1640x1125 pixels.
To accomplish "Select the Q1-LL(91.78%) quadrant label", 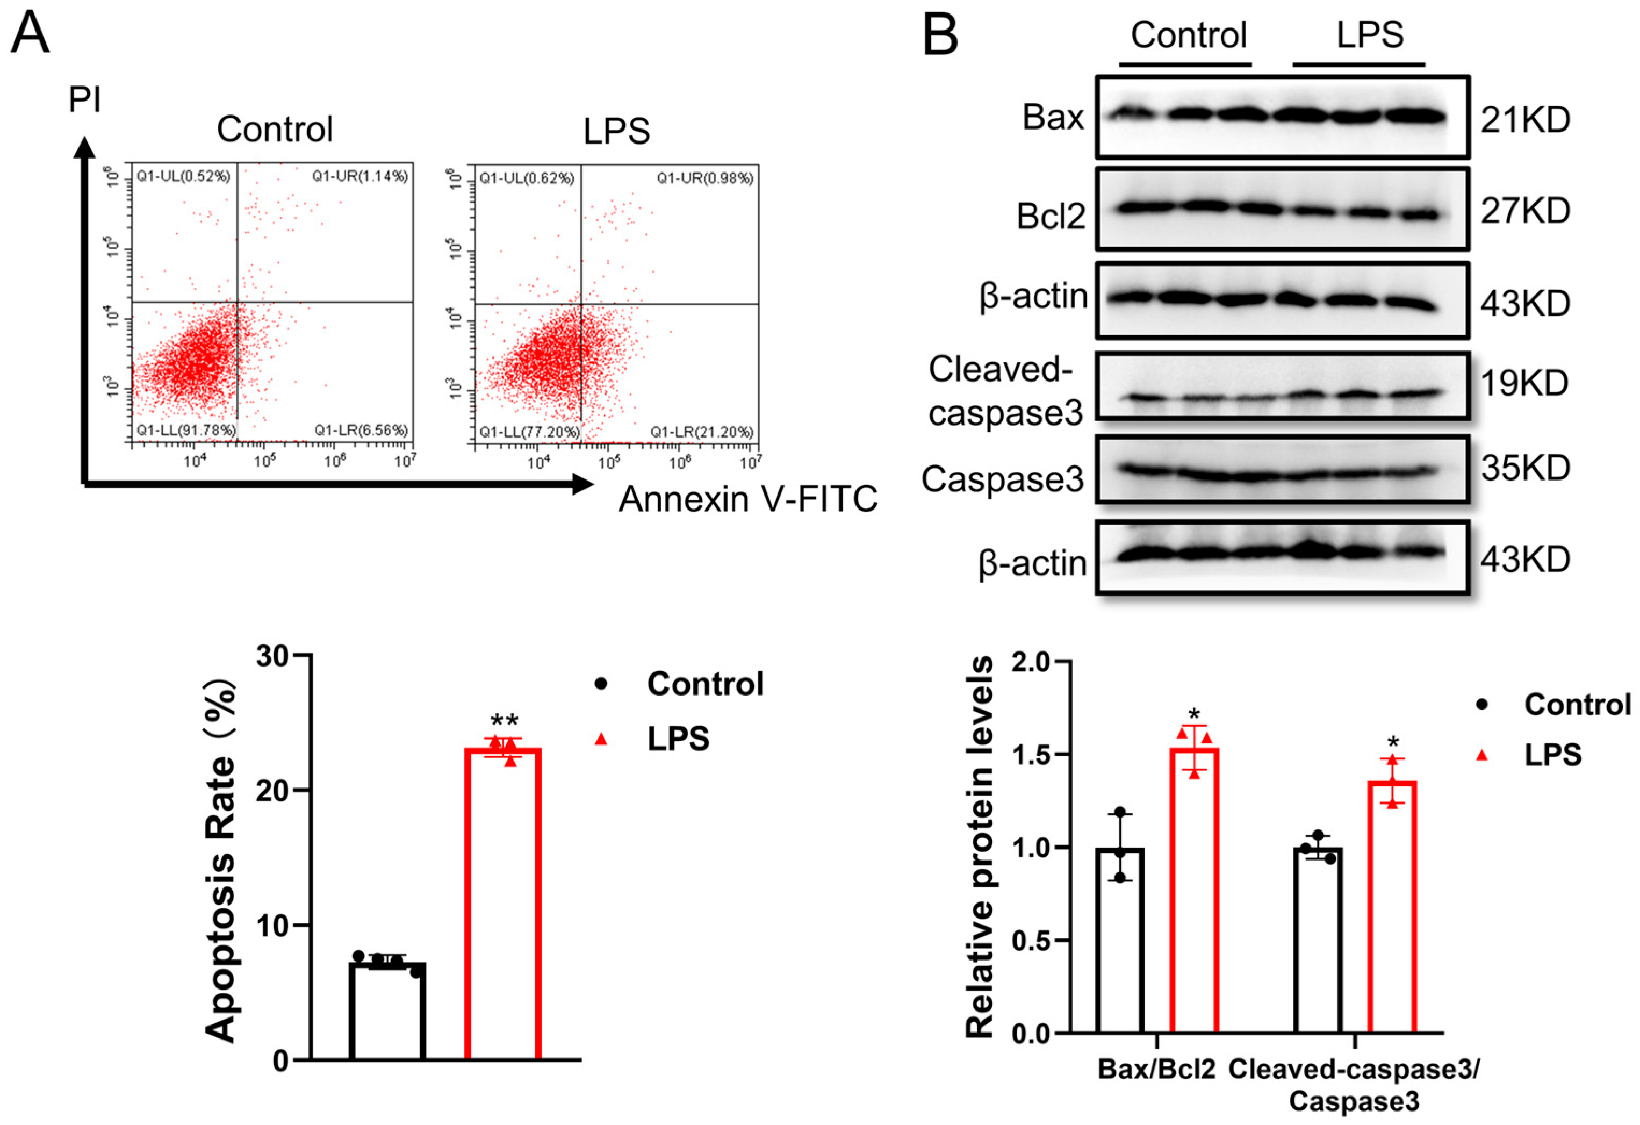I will pos(186,430).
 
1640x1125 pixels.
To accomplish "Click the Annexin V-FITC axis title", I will pos(748,499).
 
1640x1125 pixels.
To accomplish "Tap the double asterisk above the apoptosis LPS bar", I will pos(505,722).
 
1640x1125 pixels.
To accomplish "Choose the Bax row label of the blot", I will pos(1053,117).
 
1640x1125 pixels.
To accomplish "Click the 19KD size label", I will pos(1525,383).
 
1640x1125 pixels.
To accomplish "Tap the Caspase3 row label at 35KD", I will pos(1003,479).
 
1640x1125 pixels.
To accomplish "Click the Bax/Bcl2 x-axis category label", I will pos(1156,1070).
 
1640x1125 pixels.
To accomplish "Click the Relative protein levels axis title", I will pos(980,847).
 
